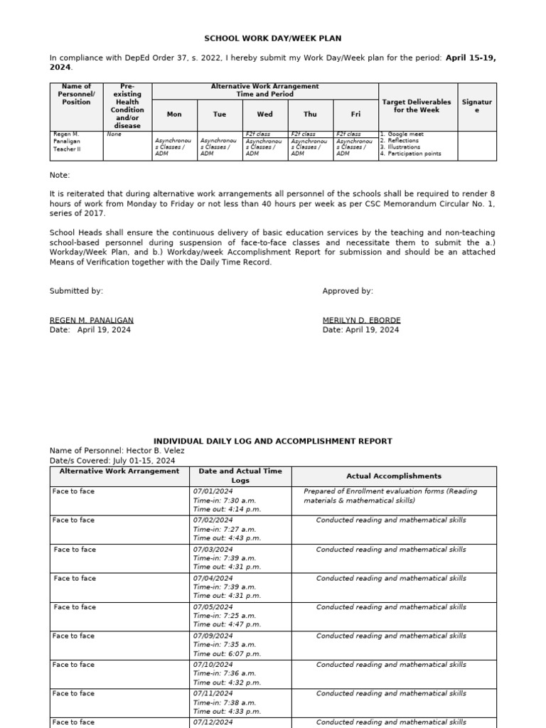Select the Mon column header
174,114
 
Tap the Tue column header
220,114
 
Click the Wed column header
264,114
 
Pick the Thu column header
310,114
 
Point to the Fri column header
355,114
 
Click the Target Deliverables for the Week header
417,106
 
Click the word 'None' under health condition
114,134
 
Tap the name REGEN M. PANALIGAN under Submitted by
91,321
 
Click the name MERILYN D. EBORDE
361,321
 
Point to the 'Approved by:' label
348,291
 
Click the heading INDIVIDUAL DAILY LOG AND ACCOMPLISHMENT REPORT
273,441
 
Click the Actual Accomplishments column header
393,476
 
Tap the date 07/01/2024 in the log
213,491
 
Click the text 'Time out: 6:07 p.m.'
227,653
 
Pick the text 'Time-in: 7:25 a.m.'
225,616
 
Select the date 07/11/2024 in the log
213,693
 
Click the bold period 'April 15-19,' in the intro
470,58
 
